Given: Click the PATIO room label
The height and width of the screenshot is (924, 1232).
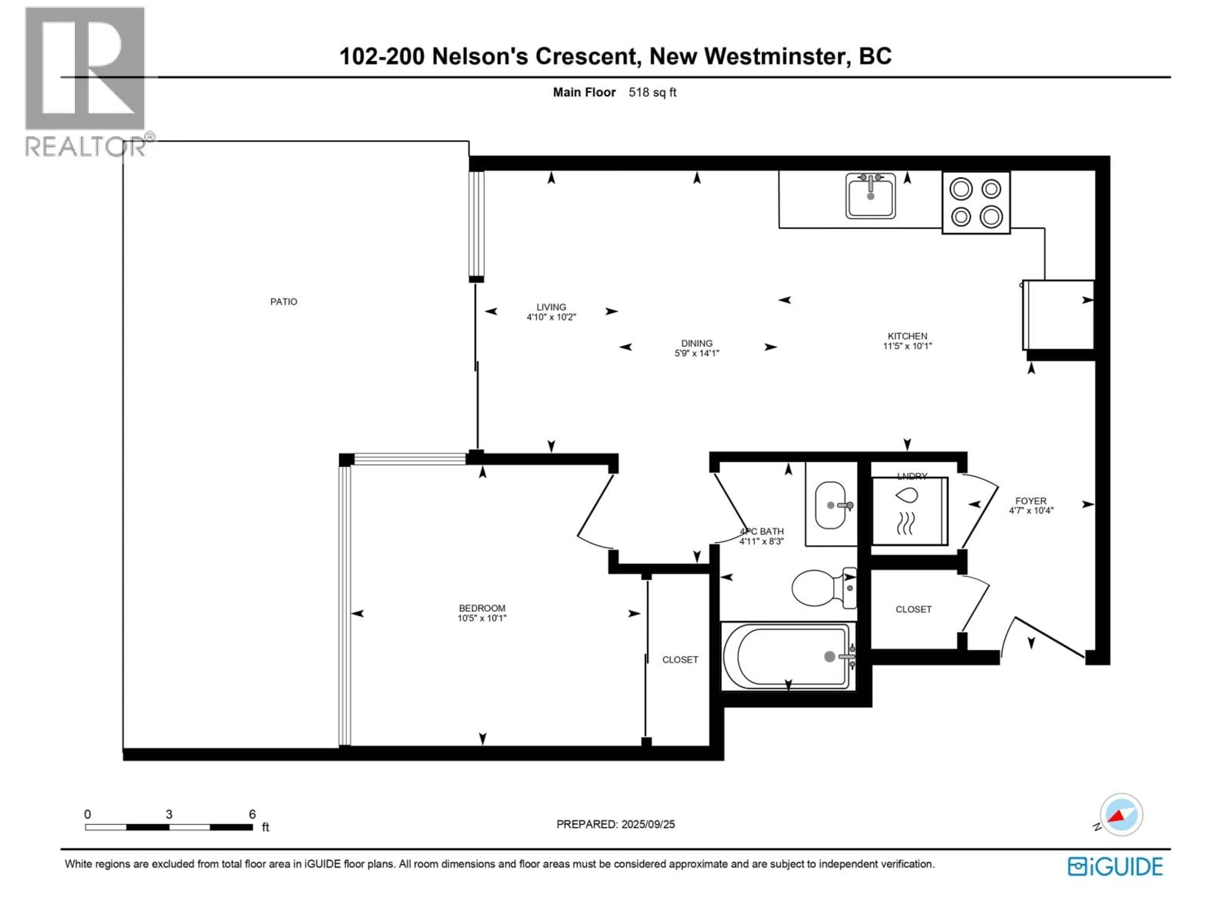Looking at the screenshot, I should pos(284,302).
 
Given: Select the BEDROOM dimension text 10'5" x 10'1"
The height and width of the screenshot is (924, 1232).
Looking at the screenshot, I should pos(482,618).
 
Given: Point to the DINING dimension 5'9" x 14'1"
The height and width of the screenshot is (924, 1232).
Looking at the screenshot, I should pos(697,353).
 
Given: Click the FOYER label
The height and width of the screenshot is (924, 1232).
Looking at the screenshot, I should pos(1031,501).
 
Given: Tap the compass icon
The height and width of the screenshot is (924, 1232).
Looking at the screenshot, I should pos(1121,815).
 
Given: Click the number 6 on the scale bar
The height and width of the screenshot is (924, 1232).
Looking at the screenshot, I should pos(252,814).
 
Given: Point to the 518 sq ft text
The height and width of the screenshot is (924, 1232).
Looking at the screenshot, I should pos(652,92).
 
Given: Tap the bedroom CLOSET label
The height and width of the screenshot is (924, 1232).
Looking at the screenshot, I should pos(680,660).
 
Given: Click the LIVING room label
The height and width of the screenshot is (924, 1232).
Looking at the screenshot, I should pos(551,307).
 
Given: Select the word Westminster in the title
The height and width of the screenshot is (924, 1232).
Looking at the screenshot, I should pos(777,56).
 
